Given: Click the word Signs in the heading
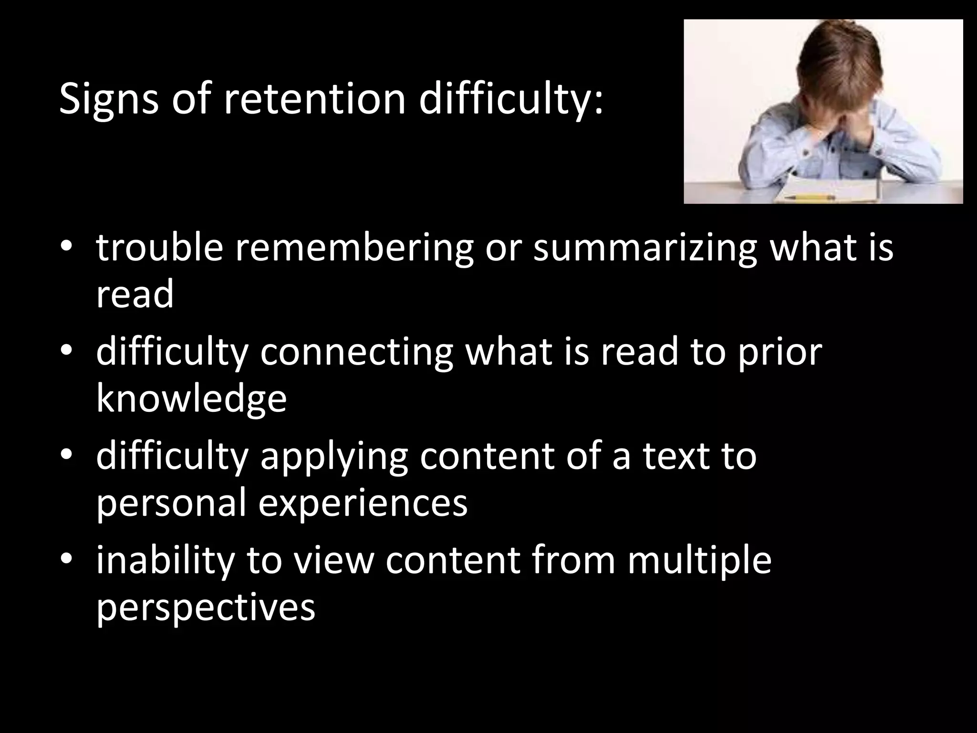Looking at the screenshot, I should pyautogui.click(x=108, y=99).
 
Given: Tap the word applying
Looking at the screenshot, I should pyautogui.click(x=333, y=456).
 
